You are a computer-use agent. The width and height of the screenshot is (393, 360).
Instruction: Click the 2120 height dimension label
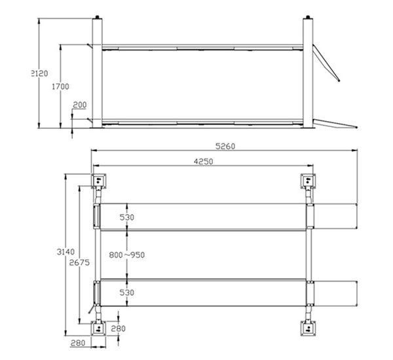39,73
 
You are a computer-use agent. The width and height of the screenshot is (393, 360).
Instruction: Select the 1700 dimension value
60,86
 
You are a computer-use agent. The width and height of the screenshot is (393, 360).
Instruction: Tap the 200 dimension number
80,105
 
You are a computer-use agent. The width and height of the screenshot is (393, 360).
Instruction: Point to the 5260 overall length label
225,146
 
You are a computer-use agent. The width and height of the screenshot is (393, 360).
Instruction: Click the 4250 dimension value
203,162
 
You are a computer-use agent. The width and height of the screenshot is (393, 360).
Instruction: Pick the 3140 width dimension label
65,251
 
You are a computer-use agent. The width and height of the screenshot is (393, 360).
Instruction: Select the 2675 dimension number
79,262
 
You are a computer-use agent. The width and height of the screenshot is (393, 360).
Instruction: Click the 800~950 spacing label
127,255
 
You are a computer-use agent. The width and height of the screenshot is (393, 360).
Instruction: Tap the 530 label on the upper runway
127,217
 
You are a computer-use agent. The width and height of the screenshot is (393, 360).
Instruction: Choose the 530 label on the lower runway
127,293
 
